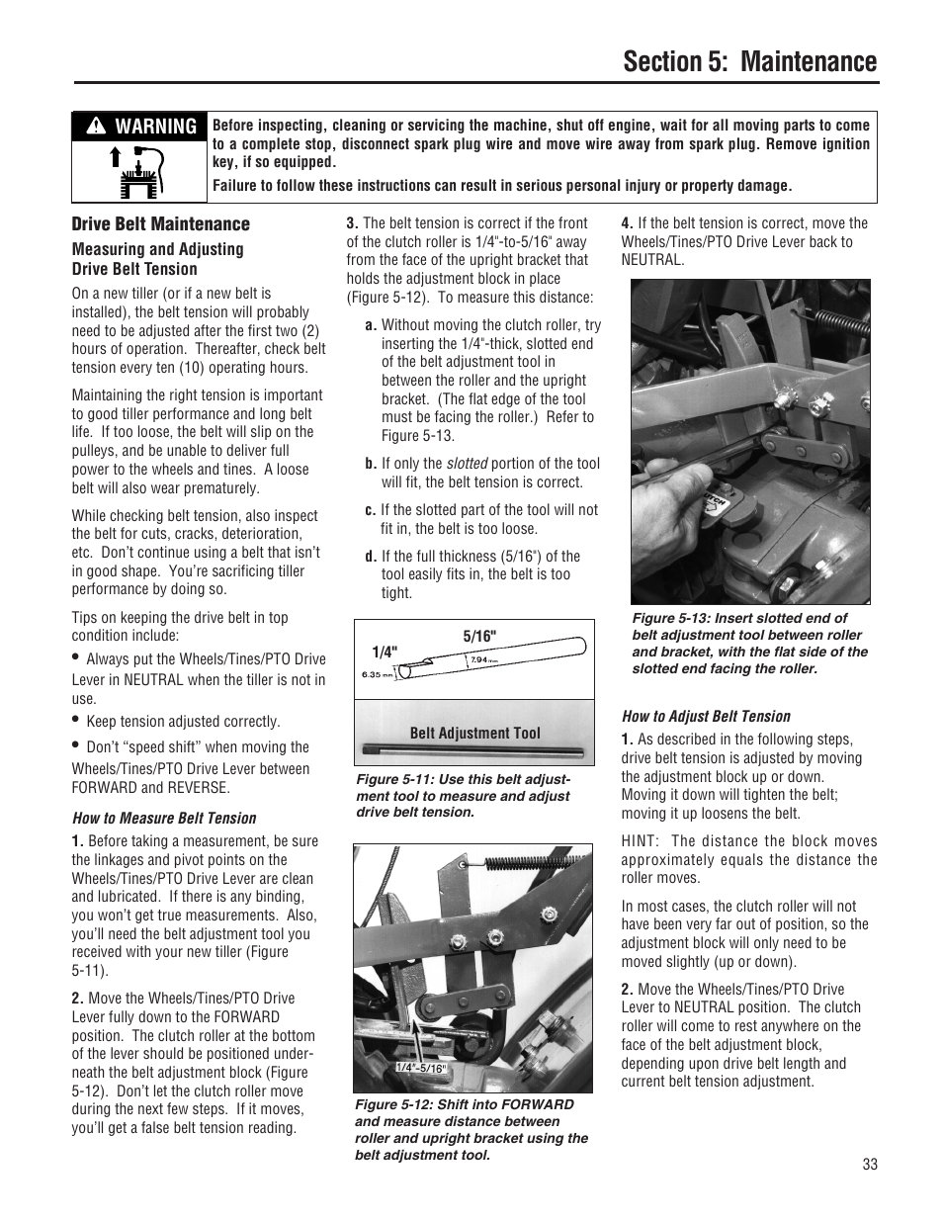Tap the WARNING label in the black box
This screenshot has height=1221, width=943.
[139, 127]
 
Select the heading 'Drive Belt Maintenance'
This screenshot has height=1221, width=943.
[160, 224]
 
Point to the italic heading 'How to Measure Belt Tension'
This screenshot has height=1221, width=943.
[163, 818]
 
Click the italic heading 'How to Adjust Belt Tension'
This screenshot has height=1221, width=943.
[706, 716]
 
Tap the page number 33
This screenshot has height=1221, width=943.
[869, 1164]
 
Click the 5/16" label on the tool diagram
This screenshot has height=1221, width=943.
[479, 635]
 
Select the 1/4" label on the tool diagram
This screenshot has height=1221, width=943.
[384, 653]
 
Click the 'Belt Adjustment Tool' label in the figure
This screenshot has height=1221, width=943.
[474, 733]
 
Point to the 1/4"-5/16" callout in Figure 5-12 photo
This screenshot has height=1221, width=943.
[421, 1068]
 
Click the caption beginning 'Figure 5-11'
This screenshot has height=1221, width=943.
[463, 795]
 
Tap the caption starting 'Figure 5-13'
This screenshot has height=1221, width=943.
[749, 644]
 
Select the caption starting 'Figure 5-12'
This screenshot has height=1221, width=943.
[471, 1129]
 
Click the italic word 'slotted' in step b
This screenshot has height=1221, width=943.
[466, 464]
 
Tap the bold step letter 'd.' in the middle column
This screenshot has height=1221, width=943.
[371, 557]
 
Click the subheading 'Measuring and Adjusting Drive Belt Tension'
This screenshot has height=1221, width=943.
[157, 259]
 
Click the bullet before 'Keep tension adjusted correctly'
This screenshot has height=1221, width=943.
[75, 720]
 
